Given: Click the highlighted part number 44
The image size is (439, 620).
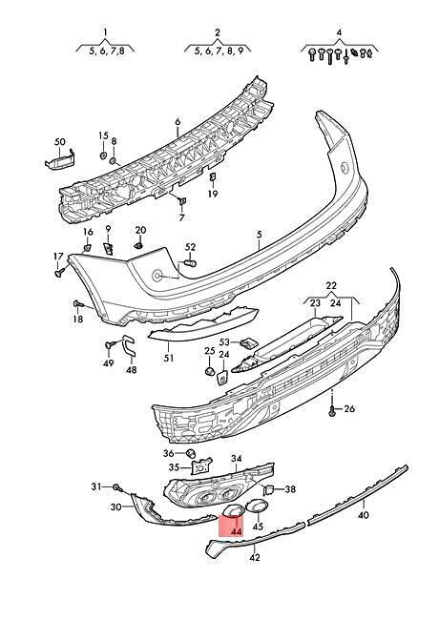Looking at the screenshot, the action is [237, 531].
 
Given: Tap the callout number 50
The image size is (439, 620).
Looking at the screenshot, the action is [60, 142].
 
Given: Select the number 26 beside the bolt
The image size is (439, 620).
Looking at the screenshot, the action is [349, 408].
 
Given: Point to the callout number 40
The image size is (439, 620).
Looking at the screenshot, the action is [363, 515].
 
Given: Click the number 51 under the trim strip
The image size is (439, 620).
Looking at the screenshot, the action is [169, 358].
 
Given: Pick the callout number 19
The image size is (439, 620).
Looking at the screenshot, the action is [213, 194].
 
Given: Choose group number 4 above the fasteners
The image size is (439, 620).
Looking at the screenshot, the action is [339, 32].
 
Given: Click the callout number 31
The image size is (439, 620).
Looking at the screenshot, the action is [96, 486].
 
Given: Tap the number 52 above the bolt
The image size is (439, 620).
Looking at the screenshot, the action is [190, 247].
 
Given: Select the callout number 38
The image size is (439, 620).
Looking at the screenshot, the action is [290, 489].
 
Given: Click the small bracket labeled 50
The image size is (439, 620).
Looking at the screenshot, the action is [60, 160].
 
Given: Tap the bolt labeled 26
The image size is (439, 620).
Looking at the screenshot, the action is [332, 410].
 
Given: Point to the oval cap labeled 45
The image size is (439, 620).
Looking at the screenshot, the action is [257, 506].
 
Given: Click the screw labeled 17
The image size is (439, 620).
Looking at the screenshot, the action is [60, 272].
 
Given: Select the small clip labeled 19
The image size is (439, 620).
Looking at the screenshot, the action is [212, 177].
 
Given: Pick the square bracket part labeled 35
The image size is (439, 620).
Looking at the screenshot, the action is [200, 465].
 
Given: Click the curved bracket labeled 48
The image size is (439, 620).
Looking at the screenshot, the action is [129, 345].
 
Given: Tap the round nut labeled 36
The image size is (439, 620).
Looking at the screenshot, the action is [191, 453].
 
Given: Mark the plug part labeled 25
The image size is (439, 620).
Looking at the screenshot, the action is [209, 371].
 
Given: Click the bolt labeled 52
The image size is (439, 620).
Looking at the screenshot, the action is [191, 263].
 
